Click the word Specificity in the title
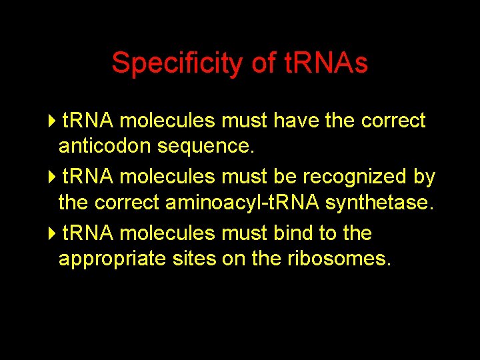click(x=178, y=63)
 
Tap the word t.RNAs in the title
click(x=326, y=63)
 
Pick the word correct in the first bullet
click(x=393, y=121)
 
